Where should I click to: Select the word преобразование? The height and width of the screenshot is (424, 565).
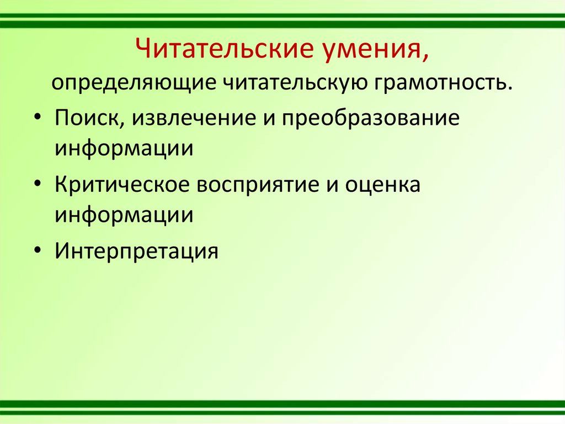click(370, 118)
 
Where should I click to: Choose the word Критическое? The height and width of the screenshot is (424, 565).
click(122, 185)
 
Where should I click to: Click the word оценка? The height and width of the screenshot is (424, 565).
click(383, 185)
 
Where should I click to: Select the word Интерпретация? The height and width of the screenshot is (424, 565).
click(137, 250)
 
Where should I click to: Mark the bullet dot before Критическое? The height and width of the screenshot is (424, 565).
click(38, 186)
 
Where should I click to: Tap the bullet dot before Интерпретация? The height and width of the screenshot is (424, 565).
click(38, 252)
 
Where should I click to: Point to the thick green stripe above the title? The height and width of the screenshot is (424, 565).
click(282, 24)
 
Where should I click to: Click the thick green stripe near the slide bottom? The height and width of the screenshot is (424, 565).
click(282, 404)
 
